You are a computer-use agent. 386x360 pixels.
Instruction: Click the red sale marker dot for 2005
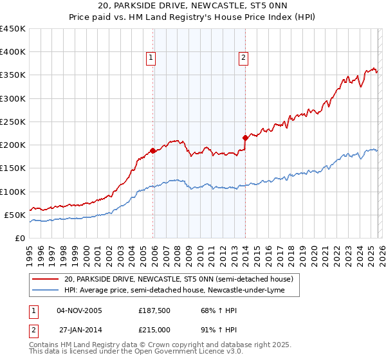click(152, 151)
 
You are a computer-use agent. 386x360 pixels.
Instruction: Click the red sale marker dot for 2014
click(246, 138)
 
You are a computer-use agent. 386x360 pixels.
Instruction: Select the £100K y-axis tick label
click(12, 192)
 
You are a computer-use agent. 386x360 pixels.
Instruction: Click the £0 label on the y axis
click(20, 238)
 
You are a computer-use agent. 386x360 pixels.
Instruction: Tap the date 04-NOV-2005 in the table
click(79, 310)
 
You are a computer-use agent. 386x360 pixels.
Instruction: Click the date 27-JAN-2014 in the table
click(79, 329)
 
